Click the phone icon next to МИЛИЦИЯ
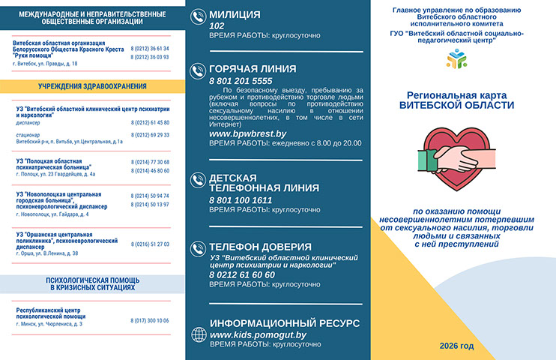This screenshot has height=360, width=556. [x=198, y=16]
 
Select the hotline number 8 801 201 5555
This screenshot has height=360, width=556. [x=241, y=80]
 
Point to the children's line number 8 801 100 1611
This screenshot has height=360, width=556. [x=241, y=199]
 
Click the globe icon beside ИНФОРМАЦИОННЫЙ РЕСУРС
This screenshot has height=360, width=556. [x=198, y=334]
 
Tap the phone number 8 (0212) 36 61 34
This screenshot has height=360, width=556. [x=150, y=49]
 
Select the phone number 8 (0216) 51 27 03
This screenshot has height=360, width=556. [x=150, y=244]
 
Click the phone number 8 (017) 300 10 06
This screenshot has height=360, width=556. [x=150, y=320]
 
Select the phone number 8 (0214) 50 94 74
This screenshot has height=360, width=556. [x=150, y=195]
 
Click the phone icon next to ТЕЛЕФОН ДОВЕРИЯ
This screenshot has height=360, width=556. [x=198, y=248]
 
